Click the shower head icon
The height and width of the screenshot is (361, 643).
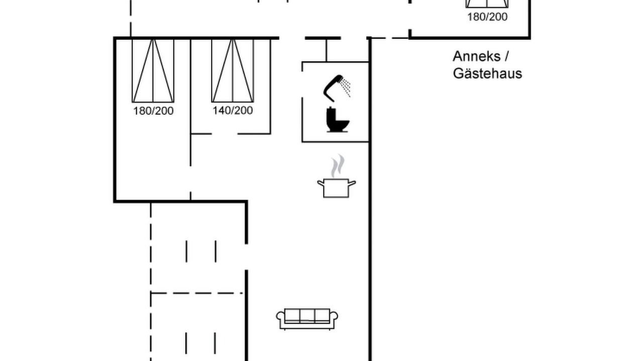click(x=333, y=87)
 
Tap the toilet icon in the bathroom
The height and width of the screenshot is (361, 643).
click(x=338, y=120)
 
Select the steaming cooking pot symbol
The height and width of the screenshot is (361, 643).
click(x=337, y=176)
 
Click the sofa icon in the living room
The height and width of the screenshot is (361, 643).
click(x=307, y=319)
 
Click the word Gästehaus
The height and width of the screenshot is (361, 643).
click(x=487, y=74)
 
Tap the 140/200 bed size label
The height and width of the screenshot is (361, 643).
click(x=233, y=110)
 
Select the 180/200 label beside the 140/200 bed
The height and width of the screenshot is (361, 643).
click(x=153, y=111)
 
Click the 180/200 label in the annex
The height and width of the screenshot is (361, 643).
click(x=487, y=17)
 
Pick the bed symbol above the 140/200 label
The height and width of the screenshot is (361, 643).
click(x=233, y=71)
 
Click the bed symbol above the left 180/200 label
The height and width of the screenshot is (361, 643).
click(x=153, y=71)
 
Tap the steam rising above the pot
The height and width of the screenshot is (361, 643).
click(x=337, y=165)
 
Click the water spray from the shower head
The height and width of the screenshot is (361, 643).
click(x=345, y=87)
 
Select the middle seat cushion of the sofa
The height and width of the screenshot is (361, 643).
click(x=307, y=315)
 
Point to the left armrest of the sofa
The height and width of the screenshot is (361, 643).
click(x=280, y=320)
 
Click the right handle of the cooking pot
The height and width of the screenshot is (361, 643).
click(x=352, y=184)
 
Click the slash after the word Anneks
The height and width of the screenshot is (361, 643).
click(x=506, y=56)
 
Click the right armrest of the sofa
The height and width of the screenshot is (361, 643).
click(x=334, y=320)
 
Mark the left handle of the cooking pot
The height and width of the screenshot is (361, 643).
click(x=321, y=184)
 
